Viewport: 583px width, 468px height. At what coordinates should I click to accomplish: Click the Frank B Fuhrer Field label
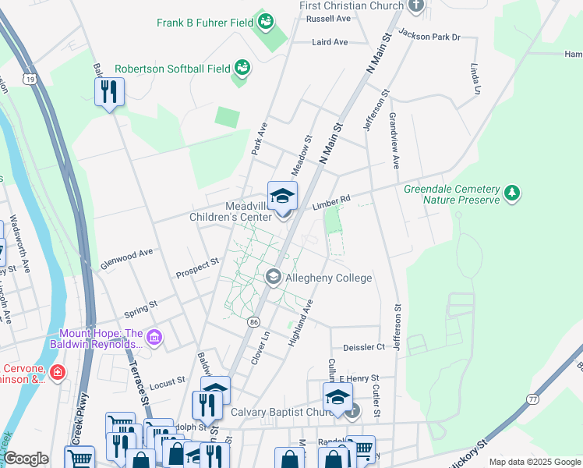[x=204, y=23]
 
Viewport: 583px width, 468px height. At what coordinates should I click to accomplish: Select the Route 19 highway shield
[x=30, y=80]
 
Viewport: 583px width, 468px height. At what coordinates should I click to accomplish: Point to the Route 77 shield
[x=532, y=399]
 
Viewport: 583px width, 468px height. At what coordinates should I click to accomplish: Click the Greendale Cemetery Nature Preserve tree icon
[x=511, y=192]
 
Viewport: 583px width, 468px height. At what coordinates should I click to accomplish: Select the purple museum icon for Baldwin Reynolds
[x=154, y=337]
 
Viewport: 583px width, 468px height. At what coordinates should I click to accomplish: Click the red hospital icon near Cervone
[x=56, y=374]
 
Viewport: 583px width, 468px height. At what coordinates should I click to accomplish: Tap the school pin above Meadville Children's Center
[x=282, y=195]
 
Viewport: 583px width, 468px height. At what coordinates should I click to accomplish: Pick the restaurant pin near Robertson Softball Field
[x=109, y=92]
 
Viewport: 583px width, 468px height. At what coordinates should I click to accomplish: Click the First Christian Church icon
[x=415, y=6]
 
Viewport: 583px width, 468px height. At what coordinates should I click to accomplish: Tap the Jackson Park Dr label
[x=429, y=34]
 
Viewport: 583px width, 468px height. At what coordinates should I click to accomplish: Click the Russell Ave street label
[x=328, y=18]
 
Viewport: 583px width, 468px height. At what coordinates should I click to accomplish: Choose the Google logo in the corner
[x=26, y=459]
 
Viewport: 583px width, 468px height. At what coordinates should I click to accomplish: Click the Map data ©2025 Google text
[x=534, y=462]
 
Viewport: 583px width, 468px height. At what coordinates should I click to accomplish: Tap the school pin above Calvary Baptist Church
[x=337, y=395]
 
